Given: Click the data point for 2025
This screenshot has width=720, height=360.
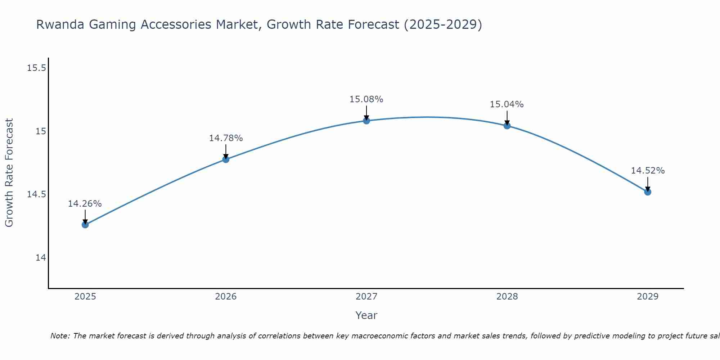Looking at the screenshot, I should coord(85,225).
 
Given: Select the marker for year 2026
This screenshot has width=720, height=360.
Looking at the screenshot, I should coord(226,159).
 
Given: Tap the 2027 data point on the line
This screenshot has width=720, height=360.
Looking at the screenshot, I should coord(366,121).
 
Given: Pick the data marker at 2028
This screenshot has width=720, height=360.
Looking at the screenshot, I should coord(507,126).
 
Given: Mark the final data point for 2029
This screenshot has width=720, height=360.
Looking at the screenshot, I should coord(648,192).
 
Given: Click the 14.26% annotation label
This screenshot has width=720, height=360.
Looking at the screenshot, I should coord(85,204).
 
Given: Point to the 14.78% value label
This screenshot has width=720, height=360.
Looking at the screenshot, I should coord(226,138).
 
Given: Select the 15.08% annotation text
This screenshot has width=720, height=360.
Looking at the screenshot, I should coord(366,99).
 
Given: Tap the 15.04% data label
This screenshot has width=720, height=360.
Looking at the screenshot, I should coord(507,104).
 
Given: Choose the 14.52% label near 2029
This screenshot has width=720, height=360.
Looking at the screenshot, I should coord(647,171).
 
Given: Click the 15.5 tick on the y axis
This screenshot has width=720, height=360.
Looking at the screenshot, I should coord(36,68).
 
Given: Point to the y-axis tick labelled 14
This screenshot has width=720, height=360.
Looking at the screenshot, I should coord(41,258).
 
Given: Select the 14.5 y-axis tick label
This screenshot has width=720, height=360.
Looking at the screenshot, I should coord(36,194).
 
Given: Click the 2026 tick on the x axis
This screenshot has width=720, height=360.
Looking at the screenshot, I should coord(226,297).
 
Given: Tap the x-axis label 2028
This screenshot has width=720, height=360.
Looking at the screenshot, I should coord(507,297).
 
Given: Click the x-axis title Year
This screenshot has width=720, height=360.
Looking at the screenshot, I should coord(366,315).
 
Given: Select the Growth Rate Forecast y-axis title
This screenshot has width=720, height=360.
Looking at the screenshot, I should coord(9,172).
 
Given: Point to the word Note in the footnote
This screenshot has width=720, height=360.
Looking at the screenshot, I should coord(60,336).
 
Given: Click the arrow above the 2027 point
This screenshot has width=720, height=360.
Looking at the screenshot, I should coord(366,112).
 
